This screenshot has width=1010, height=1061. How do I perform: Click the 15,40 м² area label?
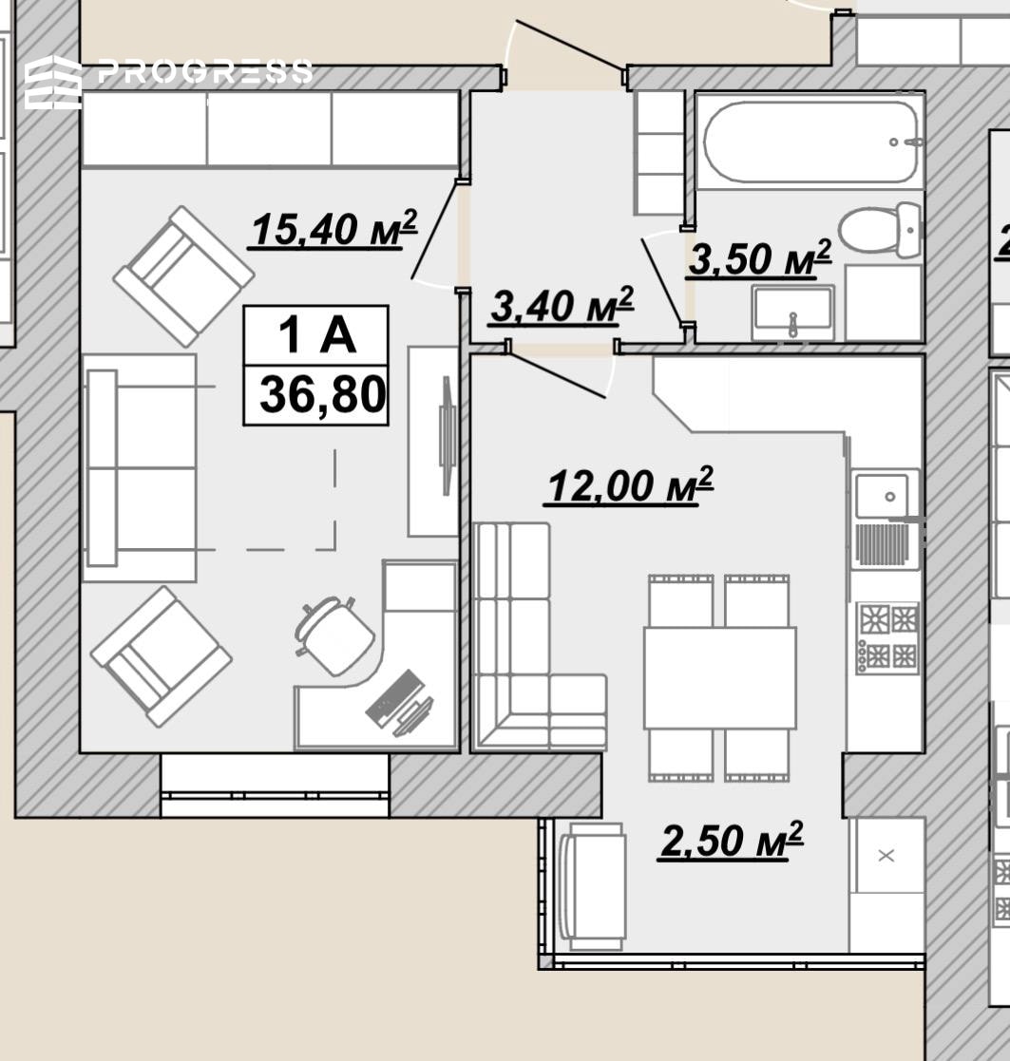pyautogui.click(x=333, y=229)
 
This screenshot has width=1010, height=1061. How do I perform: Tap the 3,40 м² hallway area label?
pyautogui.click(x=562, y=305)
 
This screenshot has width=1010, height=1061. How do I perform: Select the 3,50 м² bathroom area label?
pyautogui.click(x=759, y=257)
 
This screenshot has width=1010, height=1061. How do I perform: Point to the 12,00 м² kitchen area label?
pyautogui.click(x=629, y=485)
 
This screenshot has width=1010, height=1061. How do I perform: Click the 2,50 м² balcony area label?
pyautogui.click(x=731, y=841)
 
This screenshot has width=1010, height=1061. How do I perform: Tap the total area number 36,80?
pyautogui.click(x=322, y=394)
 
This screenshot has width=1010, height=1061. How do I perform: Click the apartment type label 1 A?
pyautogui.click(x=316, y=334)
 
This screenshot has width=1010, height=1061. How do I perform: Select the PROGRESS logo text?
pyautogui.click(x=205, y=71)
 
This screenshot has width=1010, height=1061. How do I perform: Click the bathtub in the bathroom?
pyautogui.click(x=811, y=142)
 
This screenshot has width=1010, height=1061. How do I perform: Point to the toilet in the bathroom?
pyautogui.click(x=879, y=229)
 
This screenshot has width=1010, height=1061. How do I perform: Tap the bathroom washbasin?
pyautogui.click(x=792, y=313)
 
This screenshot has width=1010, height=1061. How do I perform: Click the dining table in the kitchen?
pyautogui.click(x=719, y=677)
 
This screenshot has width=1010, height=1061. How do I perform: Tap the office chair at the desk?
pyautogui.click(x=333, y=635)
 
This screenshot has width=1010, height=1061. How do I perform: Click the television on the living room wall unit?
pyautogui.click(x=447, y=435)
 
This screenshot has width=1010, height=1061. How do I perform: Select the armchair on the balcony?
pyautogui.click(x=592, y=887)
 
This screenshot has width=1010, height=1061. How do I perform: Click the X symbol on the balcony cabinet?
pyautogui.click(x=886, y=855)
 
